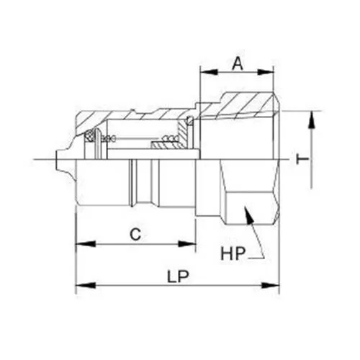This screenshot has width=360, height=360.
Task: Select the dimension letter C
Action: (134, 233)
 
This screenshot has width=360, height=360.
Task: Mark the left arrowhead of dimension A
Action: (203, 73)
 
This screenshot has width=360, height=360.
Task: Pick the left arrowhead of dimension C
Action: (80, 245)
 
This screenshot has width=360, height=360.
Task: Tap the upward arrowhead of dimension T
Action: (312, 117)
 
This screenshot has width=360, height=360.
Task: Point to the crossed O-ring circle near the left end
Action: (90, 135)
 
